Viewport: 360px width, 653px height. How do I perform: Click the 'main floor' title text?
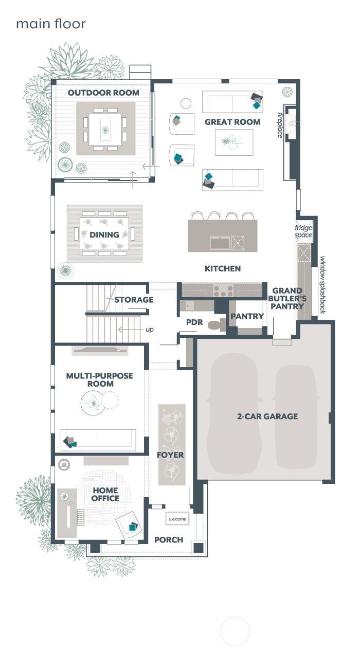pyautogui.click(x=50, y=24)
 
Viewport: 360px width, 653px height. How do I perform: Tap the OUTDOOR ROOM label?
pyautogui.click(x=103, y=93)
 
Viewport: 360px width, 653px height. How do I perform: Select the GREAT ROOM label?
pyautogui.click(x=232, y=122)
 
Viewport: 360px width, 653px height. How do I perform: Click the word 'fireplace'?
pyautogui.click(x=280, y=125)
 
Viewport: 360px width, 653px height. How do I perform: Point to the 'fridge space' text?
pyautogui.click(x=303, y=231)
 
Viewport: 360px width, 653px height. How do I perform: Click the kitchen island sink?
pyautogui.click(x=220, y=243)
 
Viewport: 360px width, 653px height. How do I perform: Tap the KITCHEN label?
pyautogui.click(x=222, y=268)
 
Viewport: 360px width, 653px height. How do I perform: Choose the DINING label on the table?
pyautogui.click(x=104, y=234)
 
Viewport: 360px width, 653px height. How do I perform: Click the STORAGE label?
pyautogui.click(x=134, y=300)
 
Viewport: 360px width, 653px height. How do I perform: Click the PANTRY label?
pyautogui.click(x=247, y=316)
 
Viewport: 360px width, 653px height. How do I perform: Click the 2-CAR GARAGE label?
pyautogui.click(x=267, y=416)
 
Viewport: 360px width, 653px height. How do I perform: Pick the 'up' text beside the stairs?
pyautogui.click(x=149, y=330)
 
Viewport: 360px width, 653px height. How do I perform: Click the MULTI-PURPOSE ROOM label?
pyautogui.click(x=99, y=380)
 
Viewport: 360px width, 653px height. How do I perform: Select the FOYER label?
pyautogui.click(x=170, y=455)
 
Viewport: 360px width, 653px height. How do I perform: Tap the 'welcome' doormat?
pyautogui.click(x=177, y=519)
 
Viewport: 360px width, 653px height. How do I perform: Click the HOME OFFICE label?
pyautogui.click(x=105, y=494)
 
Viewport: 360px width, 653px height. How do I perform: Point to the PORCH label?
pyautogui.click(x=169, y=539)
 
